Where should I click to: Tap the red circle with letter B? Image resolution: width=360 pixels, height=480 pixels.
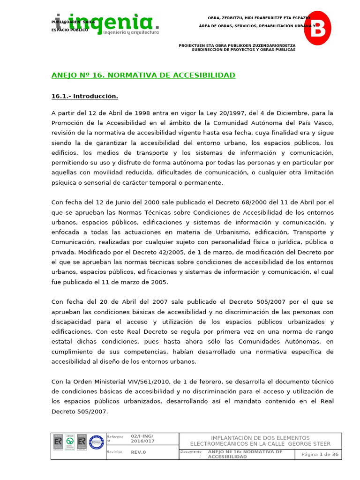(317, 28)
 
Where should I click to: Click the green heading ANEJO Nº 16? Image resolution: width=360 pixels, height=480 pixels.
(143, 75)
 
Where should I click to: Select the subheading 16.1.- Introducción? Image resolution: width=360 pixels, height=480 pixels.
(84, 97)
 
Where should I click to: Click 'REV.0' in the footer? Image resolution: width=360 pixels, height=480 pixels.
(138, 452)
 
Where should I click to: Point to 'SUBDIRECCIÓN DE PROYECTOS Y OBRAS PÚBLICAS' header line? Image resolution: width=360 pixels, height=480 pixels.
(243, 50)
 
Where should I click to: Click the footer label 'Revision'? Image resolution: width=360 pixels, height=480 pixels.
(115, 452)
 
